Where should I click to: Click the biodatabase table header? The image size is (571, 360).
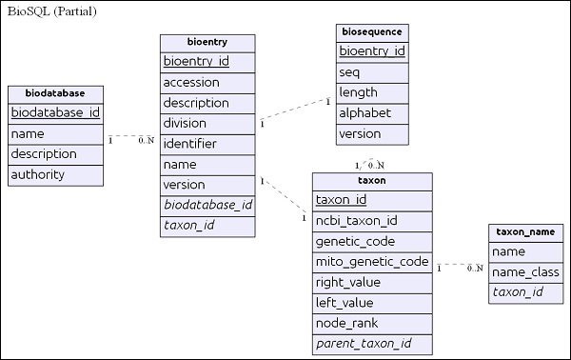click(55, 93)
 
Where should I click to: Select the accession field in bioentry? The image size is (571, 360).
click(207, 83)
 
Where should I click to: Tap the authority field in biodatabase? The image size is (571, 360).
click(55, 174)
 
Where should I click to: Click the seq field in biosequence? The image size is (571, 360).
click(372, 71)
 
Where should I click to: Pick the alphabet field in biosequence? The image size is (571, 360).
click(372, 113)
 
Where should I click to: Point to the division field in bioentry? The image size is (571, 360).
click(207, 123)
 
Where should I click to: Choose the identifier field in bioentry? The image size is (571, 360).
click(207, 144)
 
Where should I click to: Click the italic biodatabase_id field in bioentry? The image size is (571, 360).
click(207, 204)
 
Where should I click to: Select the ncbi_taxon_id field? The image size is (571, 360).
click(371, 221)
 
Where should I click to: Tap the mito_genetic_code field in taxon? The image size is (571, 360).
click(371, 261)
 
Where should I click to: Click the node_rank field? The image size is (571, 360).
click(371, 323)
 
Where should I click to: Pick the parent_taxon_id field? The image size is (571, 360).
click(371, 343)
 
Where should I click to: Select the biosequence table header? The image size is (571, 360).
click(372, 31)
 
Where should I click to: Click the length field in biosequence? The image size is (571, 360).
click(372, 92)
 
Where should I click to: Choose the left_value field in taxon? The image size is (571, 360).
click(371, 302)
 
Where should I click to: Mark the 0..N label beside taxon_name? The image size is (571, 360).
click(475, 269)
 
